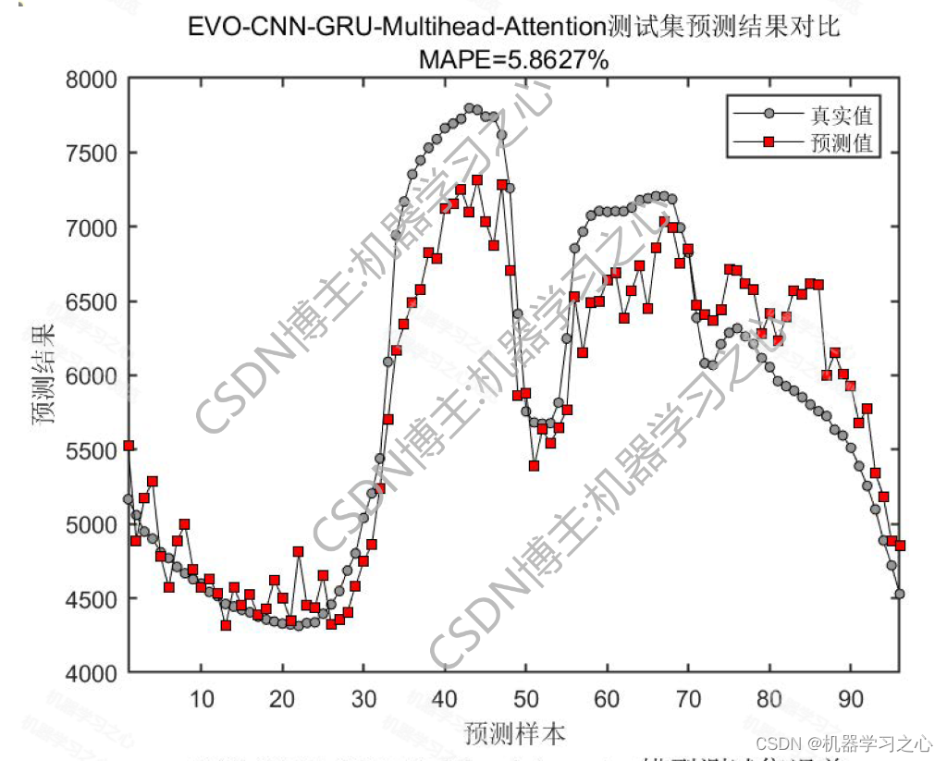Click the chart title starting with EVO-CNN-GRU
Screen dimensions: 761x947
click(513, 27)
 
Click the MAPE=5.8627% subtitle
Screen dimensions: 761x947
click(513, 60)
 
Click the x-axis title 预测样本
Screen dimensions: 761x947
click(513, 734)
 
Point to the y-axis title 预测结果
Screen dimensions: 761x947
click(43, 374)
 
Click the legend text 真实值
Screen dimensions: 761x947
click(841, 116)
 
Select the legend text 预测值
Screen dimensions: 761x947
click(841, 143)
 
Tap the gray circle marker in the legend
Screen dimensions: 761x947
click(769, 115)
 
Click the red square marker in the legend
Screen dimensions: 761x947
click(769, 142)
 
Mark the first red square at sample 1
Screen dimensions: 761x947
click(129, 446)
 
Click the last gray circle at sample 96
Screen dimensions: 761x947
click(899, 594)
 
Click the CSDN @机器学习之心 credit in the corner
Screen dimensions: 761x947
click(843, 743)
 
